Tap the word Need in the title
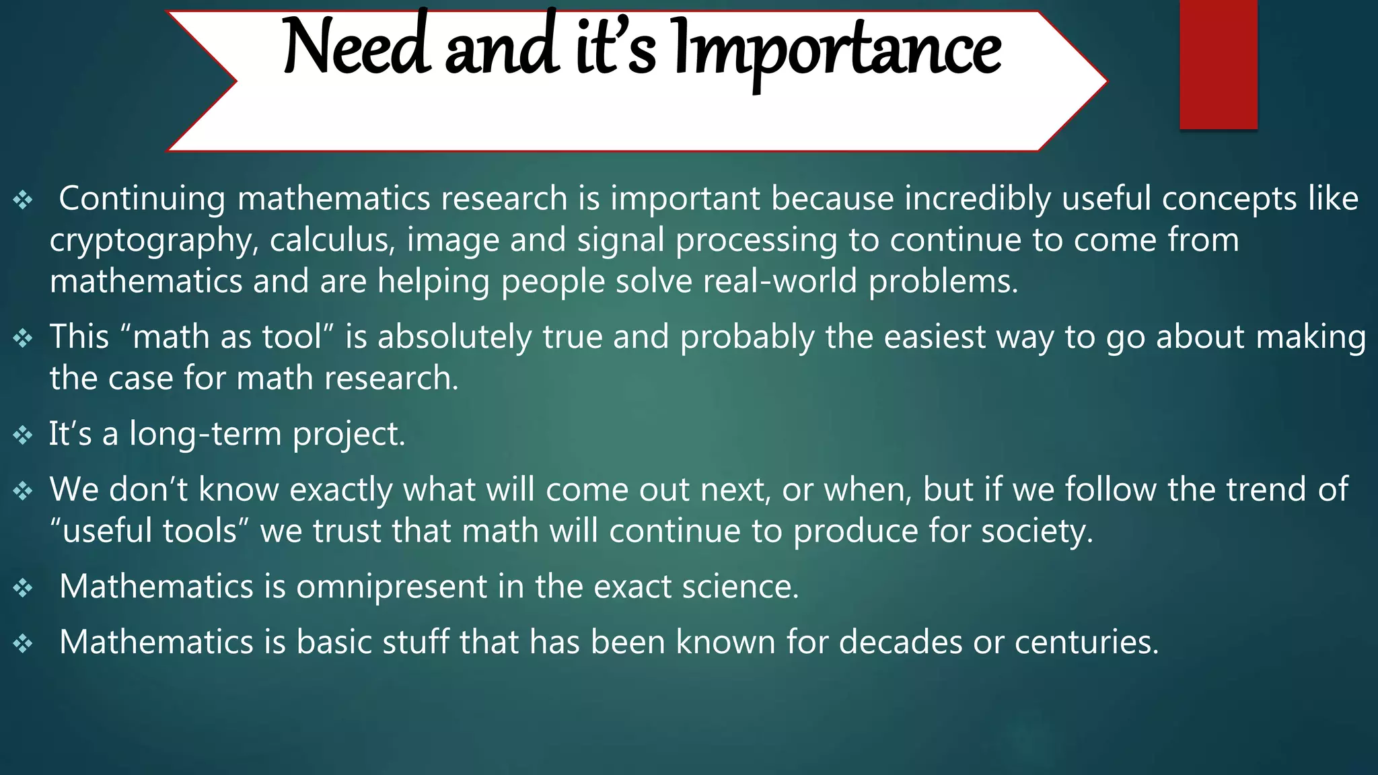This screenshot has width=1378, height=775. [356, 47]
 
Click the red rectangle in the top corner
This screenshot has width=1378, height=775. [1218, 64]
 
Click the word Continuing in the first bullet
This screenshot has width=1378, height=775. [142, 199]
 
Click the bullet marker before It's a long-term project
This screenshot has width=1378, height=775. [23, 435]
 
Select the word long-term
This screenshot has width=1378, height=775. [205, 434]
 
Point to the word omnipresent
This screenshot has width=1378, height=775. [391, 587]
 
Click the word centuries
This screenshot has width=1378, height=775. [1087, 642]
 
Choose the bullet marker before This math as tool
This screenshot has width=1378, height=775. [23, 338]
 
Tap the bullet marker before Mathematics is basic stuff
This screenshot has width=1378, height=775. [23, 644]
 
